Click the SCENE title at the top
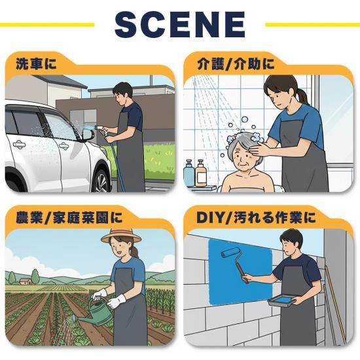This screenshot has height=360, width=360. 180,24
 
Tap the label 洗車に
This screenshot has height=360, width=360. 36,63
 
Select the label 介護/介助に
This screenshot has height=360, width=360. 236,63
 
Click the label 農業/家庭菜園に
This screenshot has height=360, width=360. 69,217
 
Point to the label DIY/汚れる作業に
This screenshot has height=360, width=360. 256,217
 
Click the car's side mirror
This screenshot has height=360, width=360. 88,135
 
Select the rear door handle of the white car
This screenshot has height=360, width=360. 19,145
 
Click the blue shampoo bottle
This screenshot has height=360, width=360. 189,173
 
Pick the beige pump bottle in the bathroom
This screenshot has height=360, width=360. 201,173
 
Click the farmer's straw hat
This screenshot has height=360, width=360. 121,236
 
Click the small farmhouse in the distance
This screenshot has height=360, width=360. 26,281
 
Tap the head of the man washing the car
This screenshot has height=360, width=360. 123,92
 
